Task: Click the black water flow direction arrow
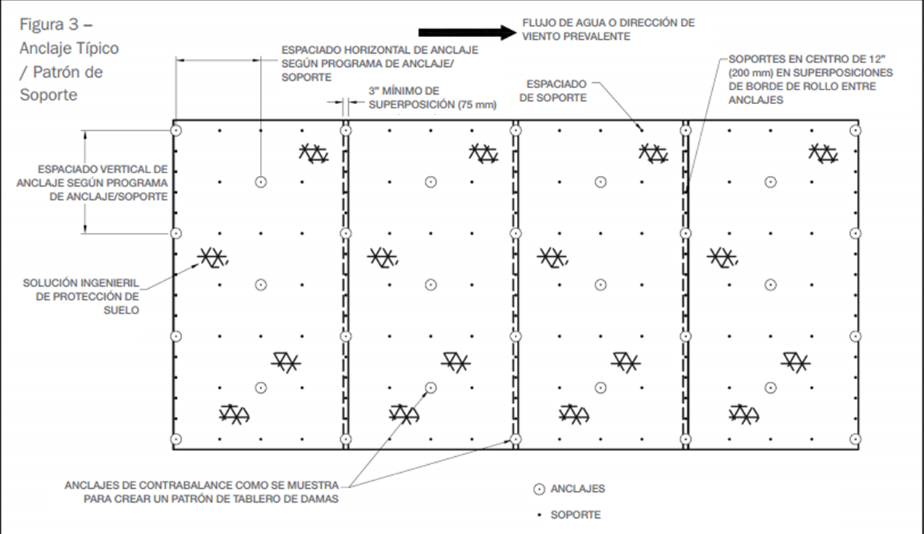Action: click(466, 32)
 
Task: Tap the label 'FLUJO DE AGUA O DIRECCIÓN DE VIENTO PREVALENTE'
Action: click(608, 29)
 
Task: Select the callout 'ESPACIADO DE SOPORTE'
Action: click(556, 92)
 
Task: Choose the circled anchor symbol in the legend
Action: click(540, 490)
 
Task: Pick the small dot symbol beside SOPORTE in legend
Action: click(540, 515)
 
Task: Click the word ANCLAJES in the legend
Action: click(577, 490)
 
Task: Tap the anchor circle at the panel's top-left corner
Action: click(175, 130)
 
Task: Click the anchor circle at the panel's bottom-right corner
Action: click(856, 439)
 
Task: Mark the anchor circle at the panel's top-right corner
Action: click(856, 130)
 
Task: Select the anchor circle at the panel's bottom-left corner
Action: click(175, 439)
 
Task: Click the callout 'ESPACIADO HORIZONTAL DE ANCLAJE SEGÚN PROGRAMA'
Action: click(379, 63)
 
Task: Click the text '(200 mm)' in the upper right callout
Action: click(749, 73)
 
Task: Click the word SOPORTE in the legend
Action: click(576, 515)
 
